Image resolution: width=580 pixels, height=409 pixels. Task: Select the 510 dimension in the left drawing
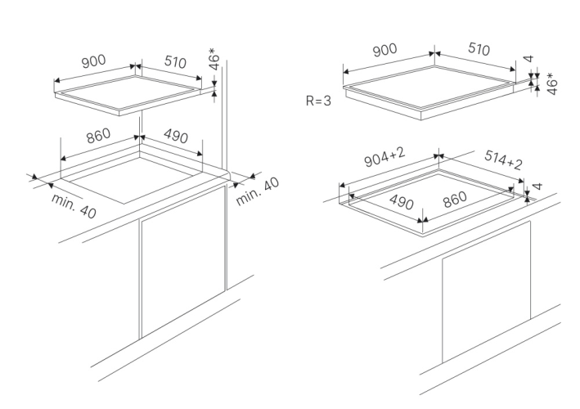point(174,63)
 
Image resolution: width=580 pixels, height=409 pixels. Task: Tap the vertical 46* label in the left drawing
point(214,62)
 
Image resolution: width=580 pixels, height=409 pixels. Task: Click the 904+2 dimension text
point(384,162)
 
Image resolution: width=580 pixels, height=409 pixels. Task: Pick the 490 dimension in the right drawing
point(400,201)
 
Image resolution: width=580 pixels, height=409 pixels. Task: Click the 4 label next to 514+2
point(537,187)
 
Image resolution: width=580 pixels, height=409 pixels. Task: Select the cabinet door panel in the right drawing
point(484,303)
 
